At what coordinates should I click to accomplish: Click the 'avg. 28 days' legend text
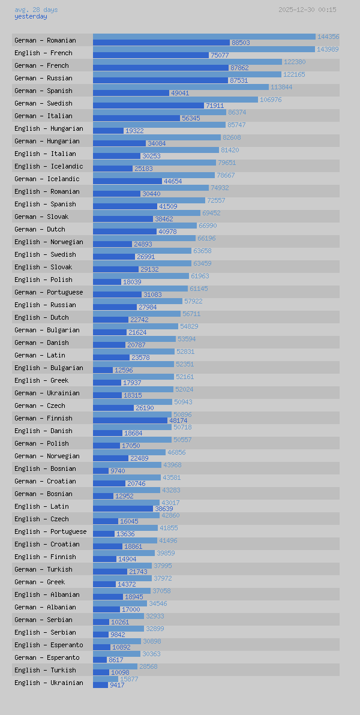(36, 10)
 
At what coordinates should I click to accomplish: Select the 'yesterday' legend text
(31, 17)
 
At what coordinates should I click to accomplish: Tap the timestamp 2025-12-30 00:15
(307, 10)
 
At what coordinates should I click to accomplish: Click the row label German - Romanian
(45, 40)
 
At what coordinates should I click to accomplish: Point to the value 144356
(328, 37)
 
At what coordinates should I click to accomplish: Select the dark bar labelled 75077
(151, 55)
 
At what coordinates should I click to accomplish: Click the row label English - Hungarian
(49, 128)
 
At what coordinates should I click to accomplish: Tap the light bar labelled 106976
(175, 100)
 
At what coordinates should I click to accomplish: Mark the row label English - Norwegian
(49, 242)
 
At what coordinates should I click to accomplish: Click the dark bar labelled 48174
(130, 420)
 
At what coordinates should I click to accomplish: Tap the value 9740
(118, 471)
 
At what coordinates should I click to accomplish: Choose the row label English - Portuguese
(50, 531)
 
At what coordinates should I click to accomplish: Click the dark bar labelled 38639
(123, 509)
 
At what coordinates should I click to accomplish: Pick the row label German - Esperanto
(47, 657)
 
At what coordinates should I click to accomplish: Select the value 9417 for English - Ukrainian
(117, 685)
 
